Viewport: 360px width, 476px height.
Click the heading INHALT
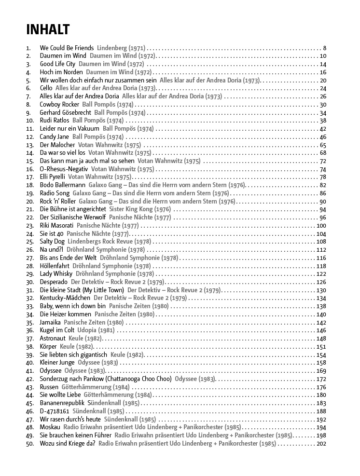coord(48,29)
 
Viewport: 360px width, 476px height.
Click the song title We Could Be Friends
coord(67,48)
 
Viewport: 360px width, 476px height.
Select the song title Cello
coord(46,88)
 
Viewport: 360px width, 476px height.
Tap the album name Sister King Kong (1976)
coord(140,209)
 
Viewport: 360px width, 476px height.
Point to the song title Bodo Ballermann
coord(62,185)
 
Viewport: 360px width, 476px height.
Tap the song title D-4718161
coord(54,411)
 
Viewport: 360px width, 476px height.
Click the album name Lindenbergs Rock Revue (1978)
coord(109,242)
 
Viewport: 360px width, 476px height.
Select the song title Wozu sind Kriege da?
coord(68,444)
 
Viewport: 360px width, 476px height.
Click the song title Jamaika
coord(50,323)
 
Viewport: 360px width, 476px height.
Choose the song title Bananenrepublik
coord(62,403)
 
